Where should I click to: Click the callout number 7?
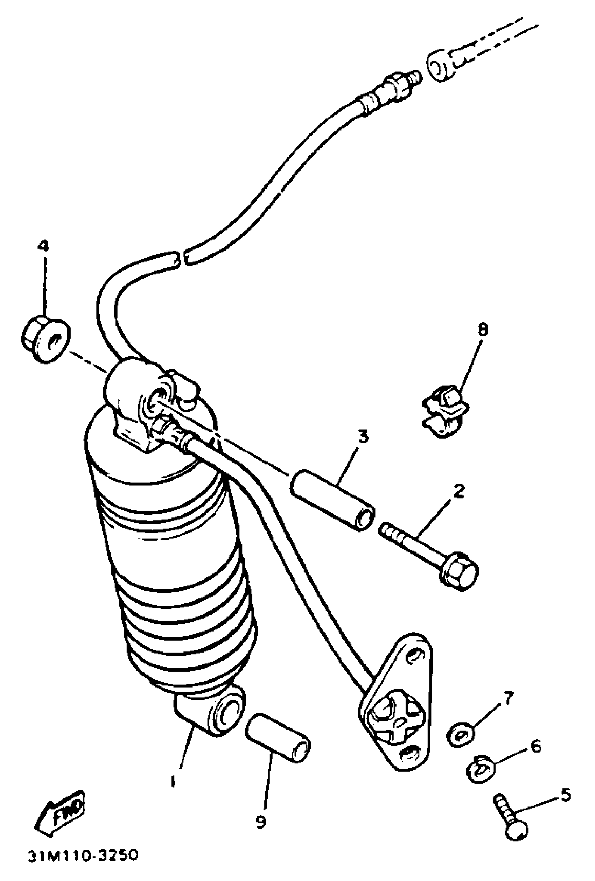508,697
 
